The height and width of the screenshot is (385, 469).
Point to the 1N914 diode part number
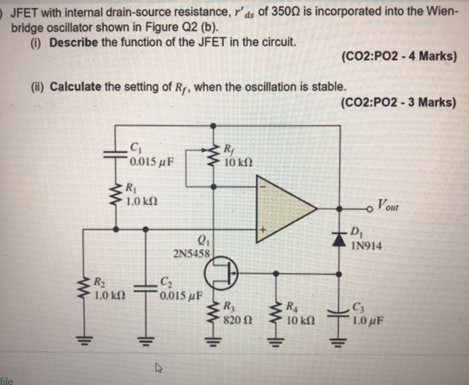pyautogui.click(x=366, y=246)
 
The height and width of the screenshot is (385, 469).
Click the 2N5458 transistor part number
pyautogui.click(x=192, y=254)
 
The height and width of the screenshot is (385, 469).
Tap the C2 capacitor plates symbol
pyautogui.click(x=144, y=289)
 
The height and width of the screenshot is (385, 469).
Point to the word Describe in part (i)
pyautogui.click(x=73, y=42)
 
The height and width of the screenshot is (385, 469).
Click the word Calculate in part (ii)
pyautogui.click(x=77, y=87)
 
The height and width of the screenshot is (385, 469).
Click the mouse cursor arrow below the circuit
pyautogui.click(x=158, y=366)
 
